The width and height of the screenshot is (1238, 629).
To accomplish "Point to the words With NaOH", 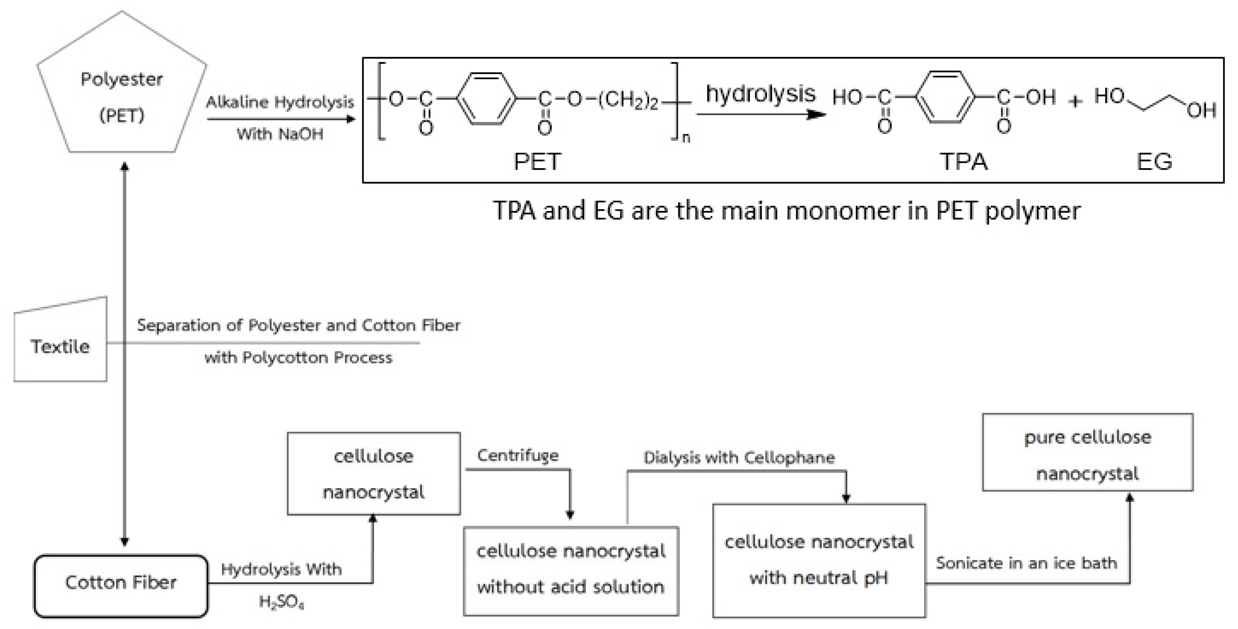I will [x=280, y=134].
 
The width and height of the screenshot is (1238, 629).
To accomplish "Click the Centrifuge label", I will [x=518, y=455].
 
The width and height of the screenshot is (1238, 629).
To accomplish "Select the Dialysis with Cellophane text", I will [x=739, y=457].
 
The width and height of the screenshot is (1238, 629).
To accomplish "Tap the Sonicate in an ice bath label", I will [x=1027, y=563].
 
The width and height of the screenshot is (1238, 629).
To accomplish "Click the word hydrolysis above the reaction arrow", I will [x=760, y=93].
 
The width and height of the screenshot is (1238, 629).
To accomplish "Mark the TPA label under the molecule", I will [x=963, y=161].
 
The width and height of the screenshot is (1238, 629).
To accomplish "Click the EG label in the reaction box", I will [x=1154, y=161].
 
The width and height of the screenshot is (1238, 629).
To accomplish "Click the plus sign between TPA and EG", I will [x=1075, y=101].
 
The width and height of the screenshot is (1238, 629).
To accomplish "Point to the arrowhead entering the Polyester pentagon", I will [x=125, y=166].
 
